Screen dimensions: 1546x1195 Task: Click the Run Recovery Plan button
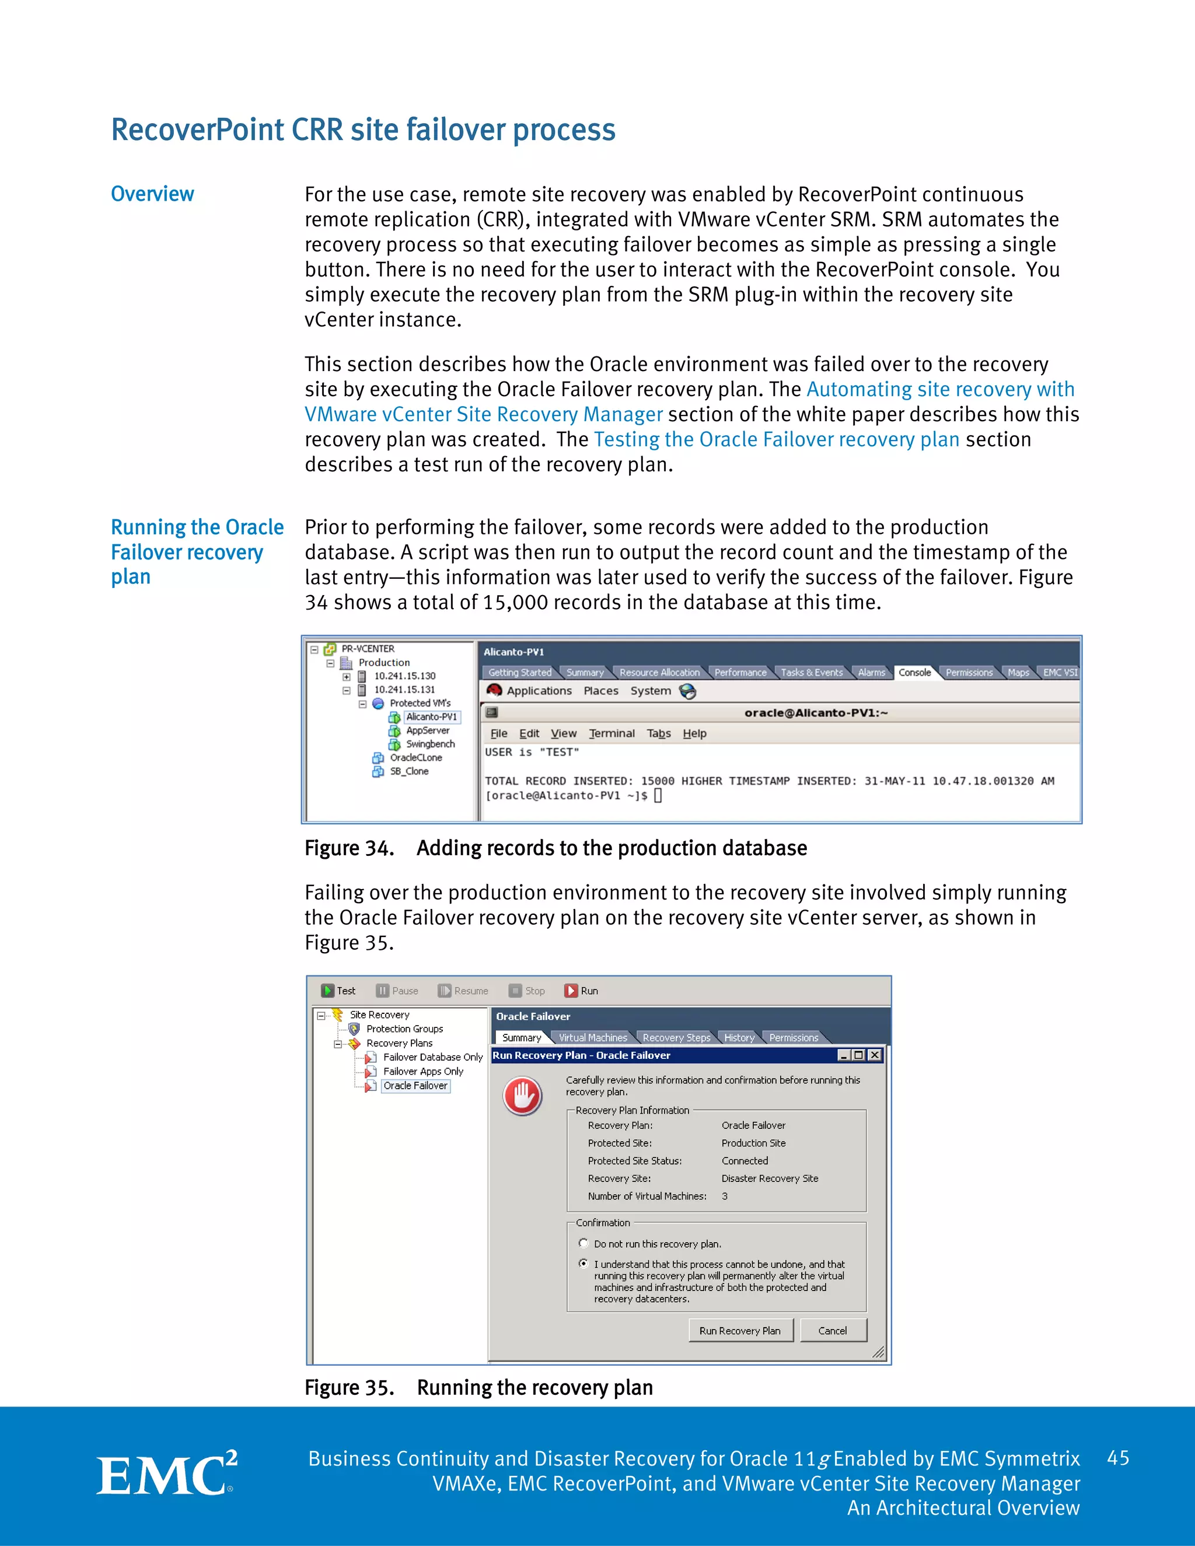(740, 1331)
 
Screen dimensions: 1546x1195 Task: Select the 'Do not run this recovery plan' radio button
(583, 1243)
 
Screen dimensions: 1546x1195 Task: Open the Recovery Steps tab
(676, 1038)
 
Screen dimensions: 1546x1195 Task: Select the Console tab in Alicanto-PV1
(915, 673)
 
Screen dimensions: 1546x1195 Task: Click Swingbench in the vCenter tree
(429, 744)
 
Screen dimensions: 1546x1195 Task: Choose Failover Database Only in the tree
(432, 1057)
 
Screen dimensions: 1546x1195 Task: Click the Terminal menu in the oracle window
(612, 733)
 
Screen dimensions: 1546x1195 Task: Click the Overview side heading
(152, 194)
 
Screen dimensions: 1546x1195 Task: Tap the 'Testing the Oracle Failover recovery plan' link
(776, 440)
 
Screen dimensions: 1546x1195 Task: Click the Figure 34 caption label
(349, 848)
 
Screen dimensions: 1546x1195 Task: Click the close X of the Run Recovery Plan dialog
(875, 1055)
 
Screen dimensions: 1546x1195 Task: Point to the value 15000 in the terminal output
(657, 781)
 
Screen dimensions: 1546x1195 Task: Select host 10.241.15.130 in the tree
(404, 676)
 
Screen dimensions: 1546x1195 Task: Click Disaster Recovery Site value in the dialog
(770, 1178)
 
